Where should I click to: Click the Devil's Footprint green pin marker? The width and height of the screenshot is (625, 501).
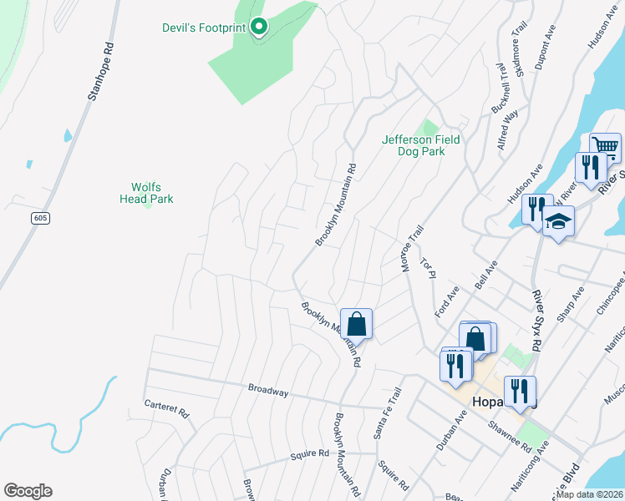(259, 28)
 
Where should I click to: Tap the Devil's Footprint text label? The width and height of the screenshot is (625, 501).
(203, 27)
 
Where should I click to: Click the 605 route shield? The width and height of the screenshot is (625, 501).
(40, 218)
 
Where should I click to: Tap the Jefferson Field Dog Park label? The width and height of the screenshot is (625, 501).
(420, 145)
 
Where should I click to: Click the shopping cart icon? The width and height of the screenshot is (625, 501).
(605, 148)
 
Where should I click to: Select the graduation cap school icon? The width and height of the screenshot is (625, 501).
(558, 222)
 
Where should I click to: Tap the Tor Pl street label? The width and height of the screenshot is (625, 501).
(429, 268)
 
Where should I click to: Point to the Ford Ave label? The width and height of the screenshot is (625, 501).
(447, 301)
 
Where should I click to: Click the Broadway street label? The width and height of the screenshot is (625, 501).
(268, 390)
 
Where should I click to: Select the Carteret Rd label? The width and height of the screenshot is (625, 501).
(166, 412)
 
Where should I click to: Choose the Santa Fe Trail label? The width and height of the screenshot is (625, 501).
(384, 416)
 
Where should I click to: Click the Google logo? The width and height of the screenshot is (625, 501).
(28, 491)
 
